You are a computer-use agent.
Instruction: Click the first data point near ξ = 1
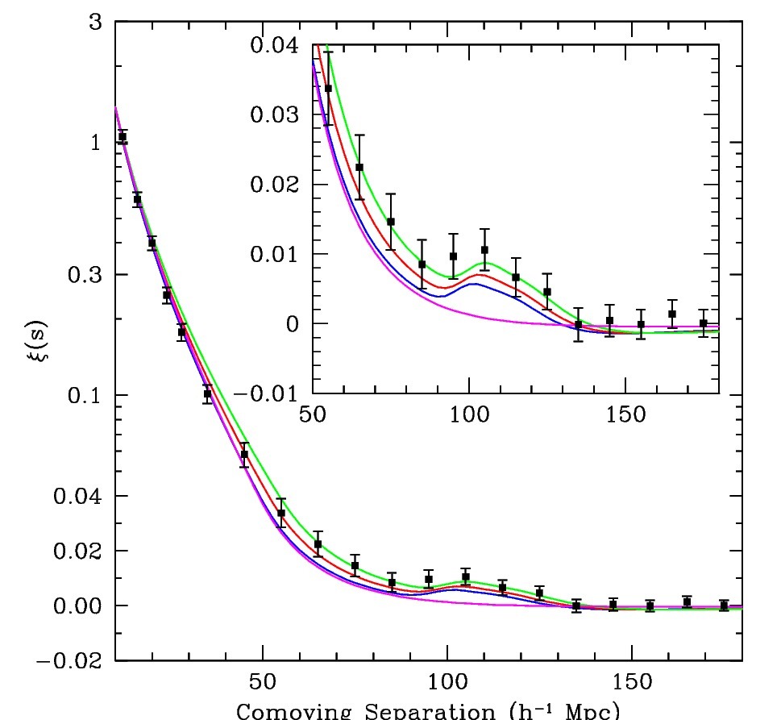point(123,137)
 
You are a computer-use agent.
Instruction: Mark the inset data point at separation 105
point(484,250)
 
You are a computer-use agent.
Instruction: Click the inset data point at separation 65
point(359,167)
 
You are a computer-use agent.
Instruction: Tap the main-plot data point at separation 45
point(244,454)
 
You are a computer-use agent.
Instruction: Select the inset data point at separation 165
point(672,314)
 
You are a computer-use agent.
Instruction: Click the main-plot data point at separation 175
point(724,605)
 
